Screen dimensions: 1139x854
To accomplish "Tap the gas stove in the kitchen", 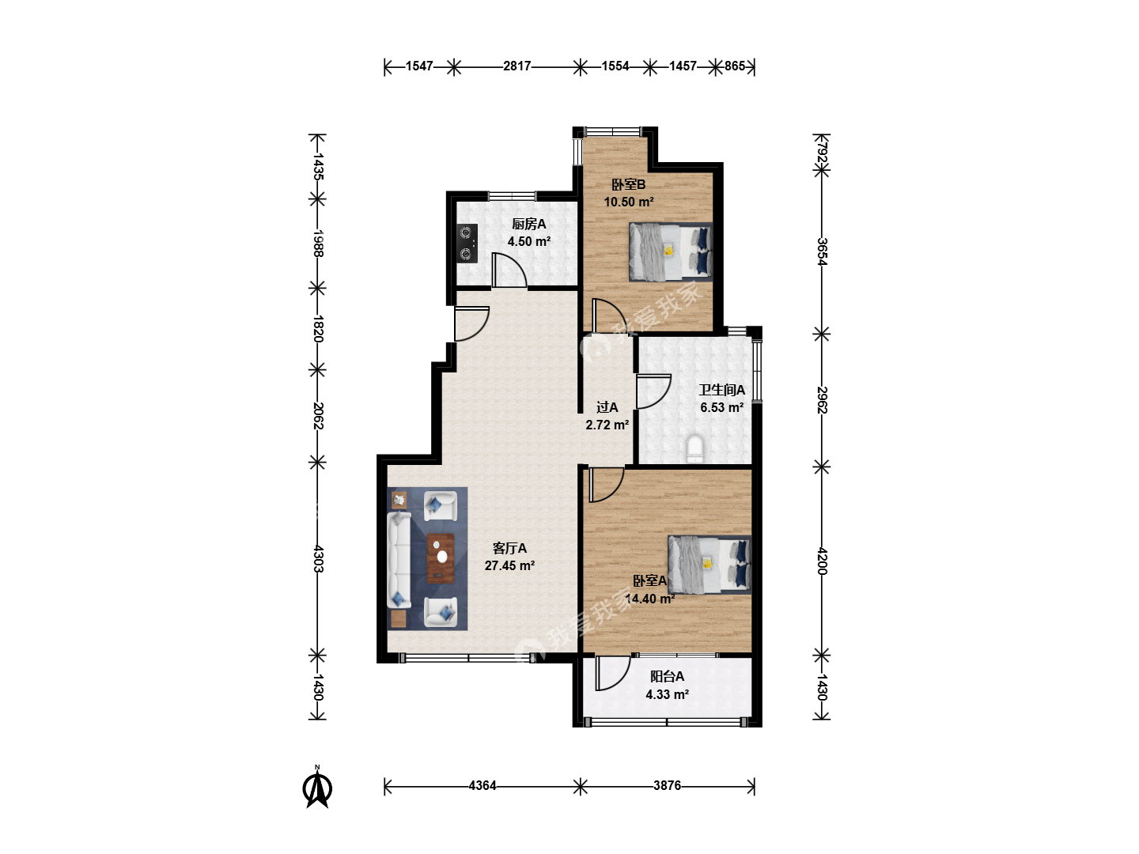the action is (467, 244).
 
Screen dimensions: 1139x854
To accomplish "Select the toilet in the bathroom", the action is (694, 448).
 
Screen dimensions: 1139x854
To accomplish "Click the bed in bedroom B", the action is (671, 252).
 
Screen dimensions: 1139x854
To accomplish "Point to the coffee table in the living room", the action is (441, 558).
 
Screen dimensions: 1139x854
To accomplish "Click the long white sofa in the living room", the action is (399, 561).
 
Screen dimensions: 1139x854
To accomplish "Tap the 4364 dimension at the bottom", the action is (482, 785).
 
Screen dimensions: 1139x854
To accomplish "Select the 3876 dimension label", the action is (668, 785).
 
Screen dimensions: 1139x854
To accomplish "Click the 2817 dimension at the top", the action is (517, 66).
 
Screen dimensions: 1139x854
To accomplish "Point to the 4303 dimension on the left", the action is (318, 558).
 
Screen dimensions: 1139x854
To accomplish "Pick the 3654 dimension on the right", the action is (822, 251).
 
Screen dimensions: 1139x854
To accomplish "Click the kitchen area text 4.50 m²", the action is (529, 241).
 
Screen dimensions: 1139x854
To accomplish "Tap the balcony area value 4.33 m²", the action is (668, 694).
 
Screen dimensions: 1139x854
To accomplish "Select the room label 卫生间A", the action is (722, 390).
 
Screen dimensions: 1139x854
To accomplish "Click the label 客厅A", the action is (509, 548).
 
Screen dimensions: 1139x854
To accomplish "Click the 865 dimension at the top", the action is (735, 66).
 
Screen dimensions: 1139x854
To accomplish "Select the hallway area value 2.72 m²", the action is (607, 425).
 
